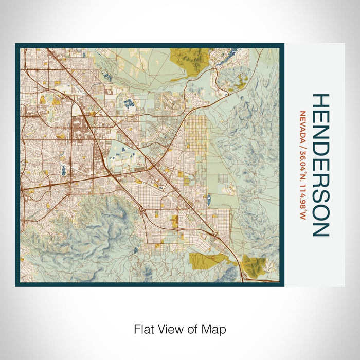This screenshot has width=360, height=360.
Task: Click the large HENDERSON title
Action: [x=320, y=165]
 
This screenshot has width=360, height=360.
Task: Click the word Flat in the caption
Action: [x=143, y=329]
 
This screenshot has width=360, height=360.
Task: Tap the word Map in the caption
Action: [x=215, y=329]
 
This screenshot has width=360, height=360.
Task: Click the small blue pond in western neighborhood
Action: [x=63, y=170]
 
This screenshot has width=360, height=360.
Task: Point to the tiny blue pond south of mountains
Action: [x=134, y=250]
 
